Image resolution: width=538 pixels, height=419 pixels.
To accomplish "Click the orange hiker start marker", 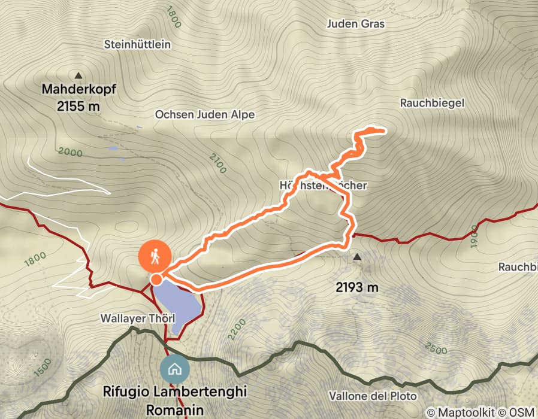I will [x=155, y=257].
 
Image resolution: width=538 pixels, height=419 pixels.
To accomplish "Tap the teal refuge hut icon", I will [x=175, y=369].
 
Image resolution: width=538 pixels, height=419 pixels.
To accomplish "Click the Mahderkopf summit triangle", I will [x=78, y=75].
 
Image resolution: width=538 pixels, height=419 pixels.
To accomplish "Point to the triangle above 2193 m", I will [x=358, y=257].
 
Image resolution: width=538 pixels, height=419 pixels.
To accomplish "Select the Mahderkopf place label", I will [x=78, y=90].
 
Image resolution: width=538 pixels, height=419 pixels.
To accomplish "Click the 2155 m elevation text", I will [x=78, y=107].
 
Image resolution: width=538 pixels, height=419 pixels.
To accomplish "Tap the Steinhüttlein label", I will [x=137, y=44].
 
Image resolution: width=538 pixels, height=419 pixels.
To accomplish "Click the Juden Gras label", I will [x=356, y=24].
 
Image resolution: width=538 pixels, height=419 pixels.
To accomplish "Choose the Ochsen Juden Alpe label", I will [x=205, y=114].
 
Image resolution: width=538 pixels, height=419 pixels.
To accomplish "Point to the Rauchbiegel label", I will [x=432, y=103].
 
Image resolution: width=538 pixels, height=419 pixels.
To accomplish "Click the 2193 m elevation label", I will [x=358, y=287].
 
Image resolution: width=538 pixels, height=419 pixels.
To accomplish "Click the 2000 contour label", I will [x=71, y=152].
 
